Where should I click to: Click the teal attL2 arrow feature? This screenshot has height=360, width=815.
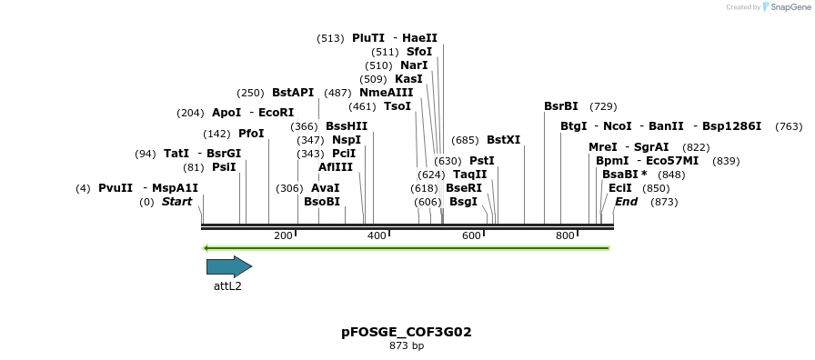(x=228, y=266)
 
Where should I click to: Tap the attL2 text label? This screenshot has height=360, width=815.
(x=227, y=285)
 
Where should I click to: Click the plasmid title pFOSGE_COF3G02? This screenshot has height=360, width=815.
(x=407, y=332)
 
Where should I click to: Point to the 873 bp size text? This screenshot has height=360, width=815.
(x=407, y=345)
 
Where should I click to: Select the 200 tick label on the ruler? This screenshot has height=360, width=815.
(x=283, y=235)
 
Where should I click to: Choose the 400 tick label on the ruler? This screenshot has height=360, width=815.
(x=377, y=235)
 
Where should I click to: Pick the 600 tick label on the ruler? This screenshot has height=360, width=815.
(x=471, y=235)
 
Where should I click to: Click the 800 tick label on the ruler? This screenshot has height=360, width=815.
(x=565, y=235)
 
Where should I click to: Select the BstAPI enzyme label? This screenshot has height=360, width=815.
(x=293, y=93)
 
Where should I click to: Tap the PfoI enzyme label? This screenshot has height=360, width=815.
(x=251, y=134)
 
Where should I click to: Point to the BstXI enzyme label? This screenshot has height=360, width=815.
(x=503, y=140)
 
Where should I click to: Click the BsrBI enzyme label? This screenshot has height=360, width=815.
(x=561, y=106)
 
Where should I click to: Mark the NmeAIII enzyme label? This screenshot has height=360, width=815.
(x=386, y=93)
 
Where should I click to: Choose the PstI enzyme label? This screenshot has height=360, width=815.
(x=482, y=161)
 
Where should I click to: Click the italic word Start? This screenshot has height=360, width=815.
(x=176, y=202)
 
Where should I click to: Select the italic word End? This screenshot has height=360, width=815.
(x=626, y=202)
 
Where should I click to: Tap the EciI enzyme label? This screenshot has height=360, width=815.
(x=620, y=188)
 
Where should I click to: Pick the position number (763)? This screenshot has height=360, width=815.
(x=789, y=126)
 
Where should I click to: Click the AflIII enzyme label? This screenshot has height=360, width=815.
(x=336, y=167)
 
